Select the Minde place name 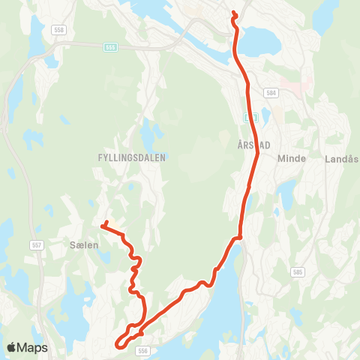click(290, 158)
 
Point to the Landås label click(341, 158)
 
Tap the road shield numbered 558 click(58, 30)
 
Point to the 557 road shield click(37, 245)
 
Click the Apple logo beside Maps click(11, 347)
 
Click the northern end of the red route click(234, 13)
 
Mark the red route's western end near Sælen click(103, 223)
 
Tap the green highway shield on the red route click(251, 117)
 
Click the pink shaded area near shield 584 click(294, 88)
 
